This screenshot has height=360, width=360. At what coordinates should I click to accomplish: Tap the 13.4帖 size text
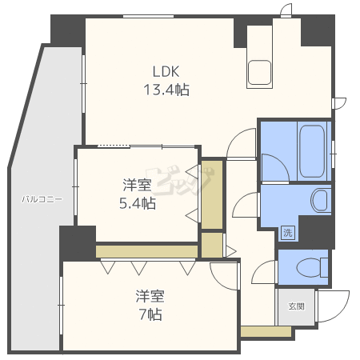(x=166, y=90)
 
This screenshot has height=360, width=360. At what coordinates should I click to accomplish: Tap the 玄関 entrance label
(x=296, y=306)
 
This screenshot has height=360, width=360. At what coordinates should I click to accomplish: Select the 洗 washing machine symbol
(x=286, y=233)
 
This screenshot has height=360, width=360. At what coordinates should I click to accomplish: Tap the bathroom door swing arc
(x=272, y=166)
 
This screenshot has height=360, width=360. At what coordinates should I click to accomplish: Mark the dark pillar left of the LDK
(x=66, y=31)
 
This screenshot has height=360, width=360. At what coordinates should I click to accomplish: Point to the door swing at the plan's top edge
(x=286, y=8)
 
